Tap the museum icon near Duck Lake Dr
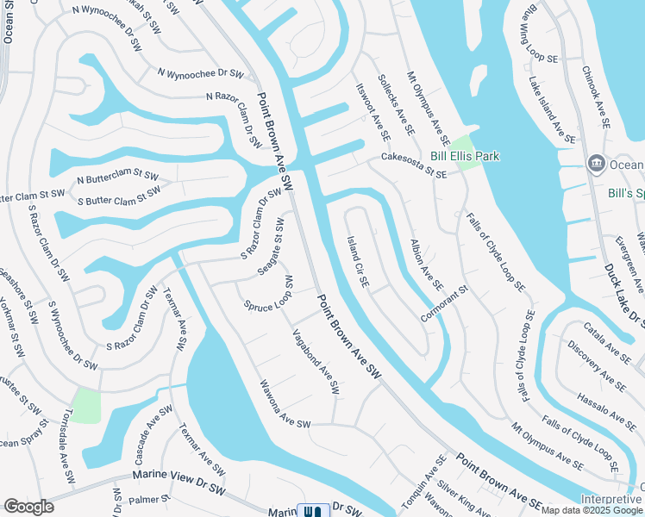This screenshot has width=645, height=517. (596, 164)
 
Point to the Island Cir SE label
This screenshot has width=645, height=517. (358, 261)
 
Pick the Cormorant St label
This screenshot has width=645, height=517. (444, 303)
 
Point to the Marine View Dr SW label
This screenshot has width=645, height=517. (178, 474)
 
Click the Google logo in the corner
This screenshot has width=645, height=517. (28, 507)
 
